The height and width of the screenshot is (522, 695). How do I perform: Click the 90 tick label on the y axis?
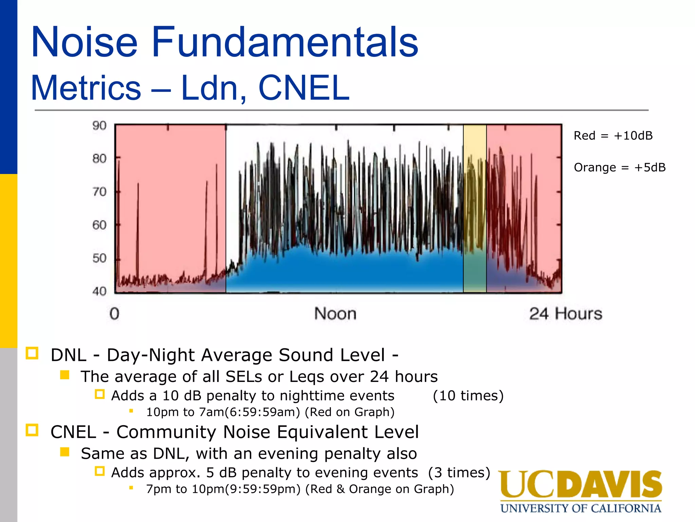click(x=99, y=126)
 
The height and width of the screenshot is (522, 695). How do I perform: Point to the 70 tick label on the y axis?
click(x=99, y=192)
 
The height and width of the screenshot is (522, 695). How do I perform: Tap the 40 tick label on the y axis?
click(x=99, y=291)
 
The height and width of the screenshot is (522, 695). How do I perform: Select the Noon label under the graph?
click(x=335, y=313)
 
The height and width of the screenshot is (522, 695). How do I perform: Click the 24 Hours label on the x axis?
click(x=566, y=313)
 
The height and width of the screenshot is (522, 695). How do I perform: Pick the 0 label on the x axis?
click(x=114, y=313)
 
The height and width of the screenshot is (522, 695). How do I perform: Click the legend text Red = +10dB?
click(x=613, y=136)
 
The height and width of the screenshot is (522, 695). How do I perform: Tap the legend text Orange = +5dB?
click(x=619, y=168)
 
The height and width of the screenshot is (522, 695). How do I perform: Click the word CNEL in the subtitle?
click(x=303, y=88)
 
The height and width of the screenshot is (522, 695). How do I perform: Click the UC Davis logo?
click(x=580, y=484)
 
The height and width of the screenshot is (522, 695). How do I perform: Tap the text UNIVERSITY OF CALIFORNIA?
click(x=580, y=508)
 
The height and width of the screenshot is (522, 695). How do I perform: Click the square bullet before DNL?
click(x=32, y=353)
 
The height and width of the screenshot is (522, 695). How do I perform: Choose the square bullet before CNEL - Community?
click(x=32, y=430)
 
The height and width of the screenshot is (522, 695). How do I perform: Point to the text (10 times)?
click(x=468, y=396)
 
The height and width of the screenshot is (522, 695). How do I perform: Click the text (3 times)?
click(x=459, y=472)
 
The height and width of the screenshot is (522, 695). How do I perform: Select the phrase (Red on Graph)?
click(x=350, y=412)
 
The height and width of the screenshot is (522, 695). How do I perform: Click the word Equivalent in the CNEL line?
click(x=322, y=432)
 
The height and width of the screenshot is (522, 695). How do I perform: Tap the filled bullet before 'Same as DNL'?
click(x=64, y=452)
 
